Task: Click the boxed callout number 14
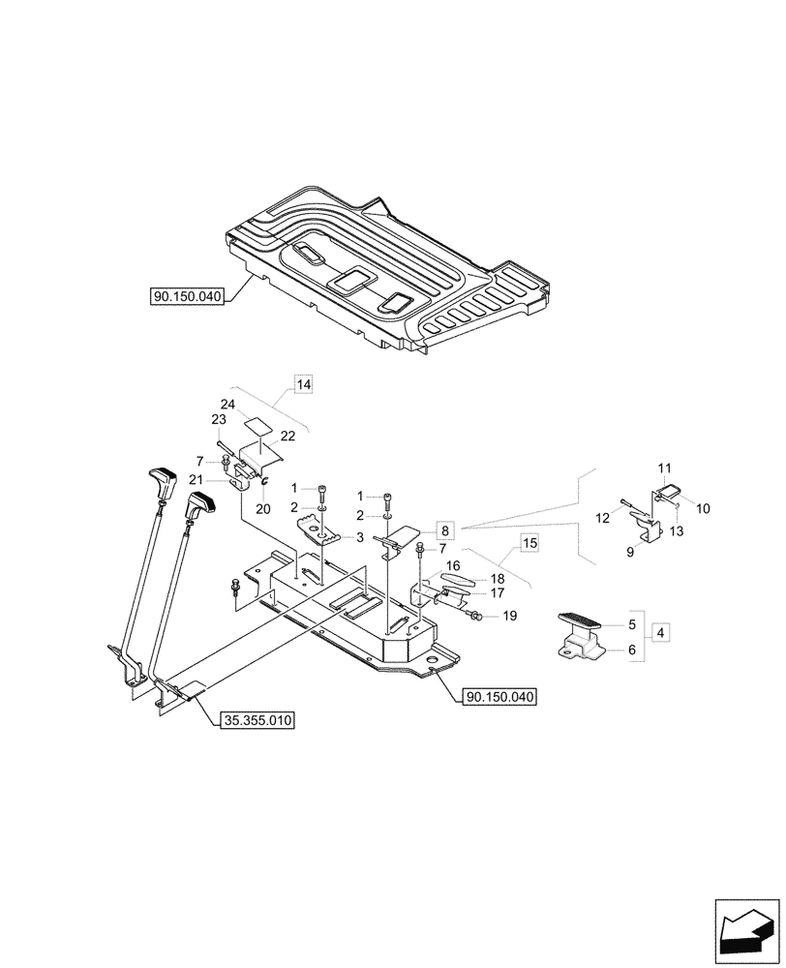[x=304, y=385]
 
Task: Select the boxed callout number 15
[x=529, y=543]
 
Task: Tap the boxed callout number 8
[x=443, y=529]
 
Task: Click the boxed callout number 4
[x=661, y=633]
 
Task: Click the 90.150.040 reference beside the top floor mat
[x=188, y=297]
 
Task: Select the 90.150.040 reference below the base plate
[x=500, y=696]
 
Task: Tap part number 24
[x=227, y=404]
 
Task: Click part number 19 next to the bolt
[x=510, y=616]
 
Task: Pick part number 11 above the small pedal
[x=665, y=468]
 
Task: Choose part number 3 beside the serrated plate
[x=360, y=537]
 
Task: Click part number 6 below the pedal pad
[x=632, y=650]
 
